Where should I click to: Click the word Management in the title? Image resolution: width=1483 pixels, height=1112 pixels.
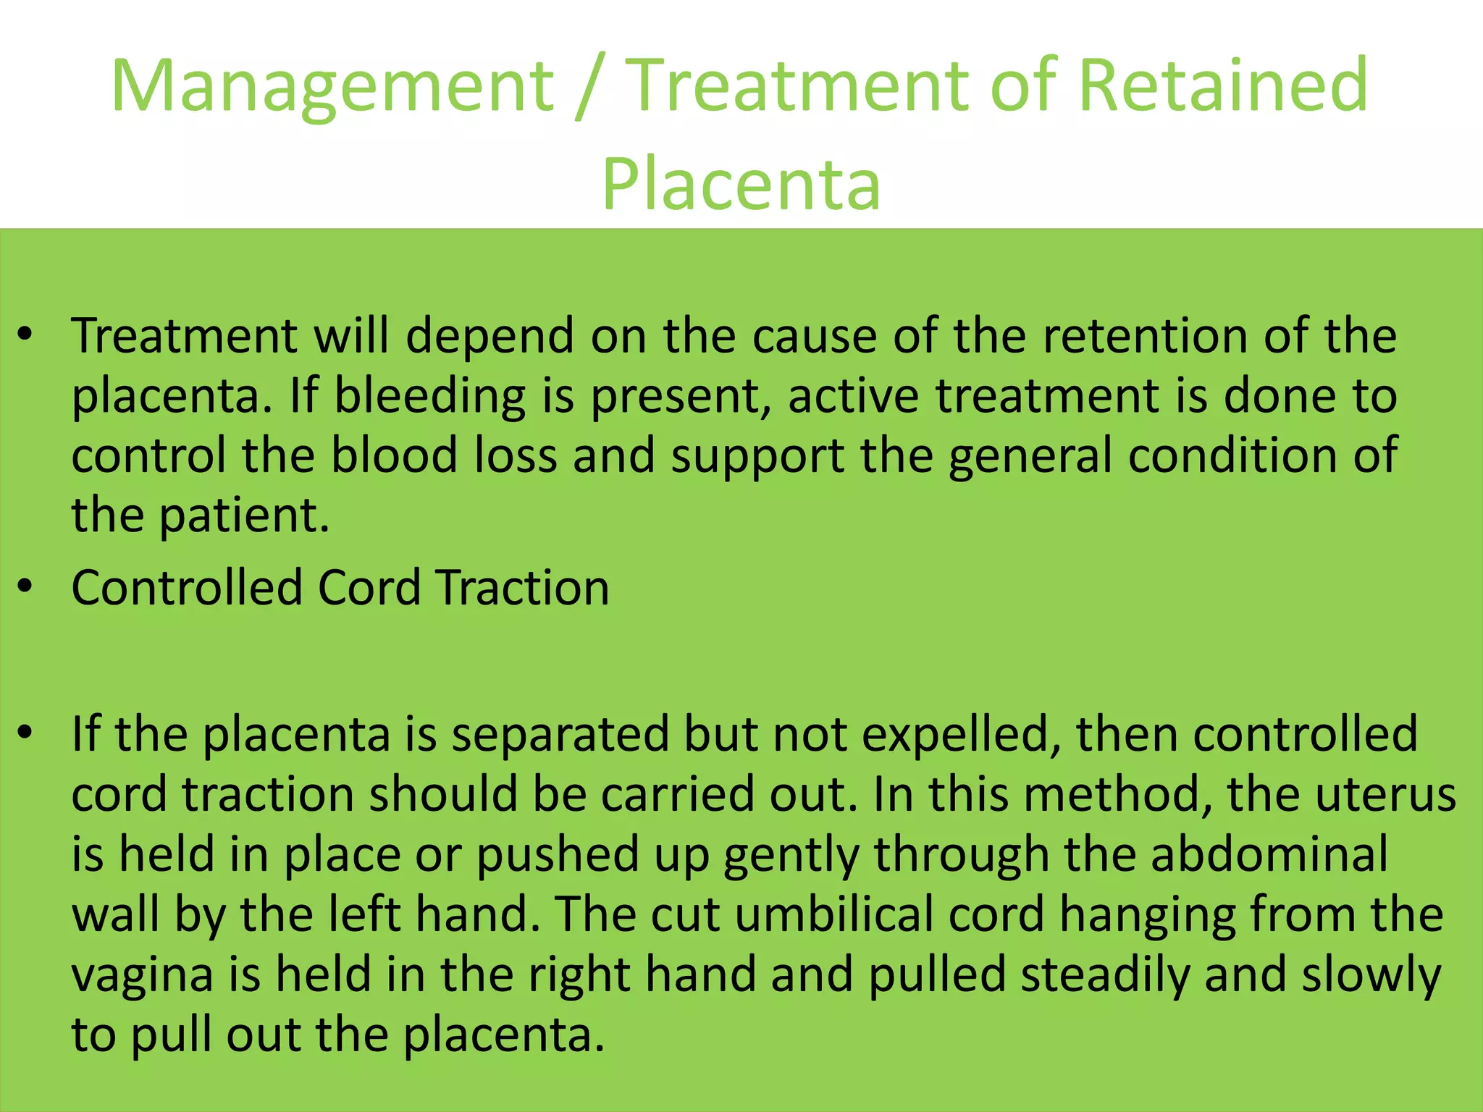[332, 87]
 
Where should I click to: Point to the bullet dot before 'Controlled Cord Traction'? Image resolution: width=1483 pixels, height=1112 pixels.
[26, 588]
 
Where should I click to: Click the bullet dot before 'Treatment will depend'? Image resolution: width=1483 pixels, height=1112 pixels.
[26, 336]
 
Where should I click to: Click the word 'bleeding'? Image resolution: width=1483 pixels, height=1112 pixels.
[430, 397]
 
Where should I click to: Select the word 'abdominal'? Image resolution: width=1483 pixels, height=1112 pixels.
[1269, 854]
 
